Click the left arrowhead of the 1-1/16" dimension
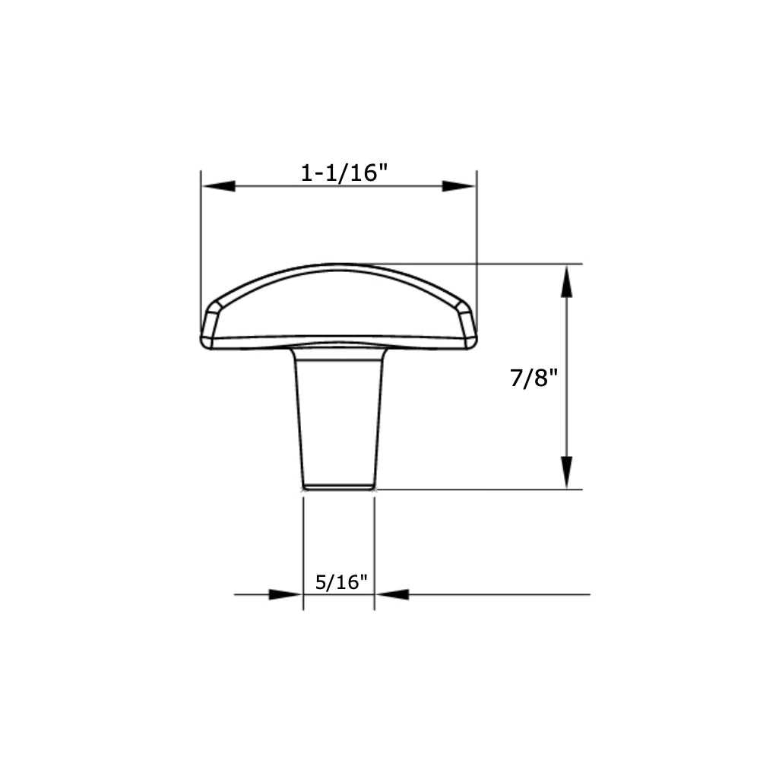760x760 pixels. (x=218, y=186)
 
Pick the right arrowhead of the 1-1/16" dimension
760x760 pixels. (x=459, y=186)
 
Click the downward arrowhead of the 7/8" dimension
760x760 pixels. (x=566, y=472)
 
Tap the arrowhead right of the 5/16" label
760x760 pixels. (x=392, y=594)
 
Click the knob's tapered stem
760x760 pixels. (x=339, y=418)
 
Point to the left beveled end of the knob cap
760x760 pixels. (x=211, y=323)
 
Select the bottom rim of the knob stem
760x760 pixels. (x=338, y=486)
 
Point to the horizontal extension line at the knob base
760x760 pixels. (x=479, y=489)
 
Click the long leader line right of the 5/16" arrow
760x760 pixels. (x=502, y=594)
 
